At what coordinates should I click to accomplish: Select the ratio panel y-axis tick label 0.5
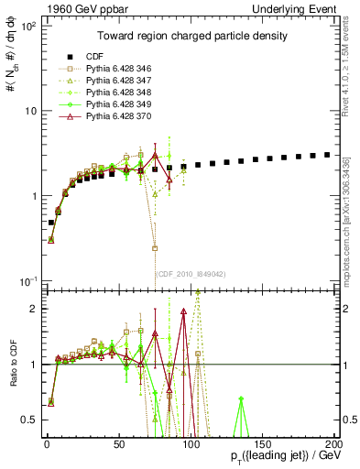click(31, 420)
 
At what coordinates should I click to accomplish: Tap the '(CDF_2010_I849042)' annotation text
click(191, 273)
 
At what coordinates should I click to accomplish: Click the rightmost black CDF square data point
click(327, 155)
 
